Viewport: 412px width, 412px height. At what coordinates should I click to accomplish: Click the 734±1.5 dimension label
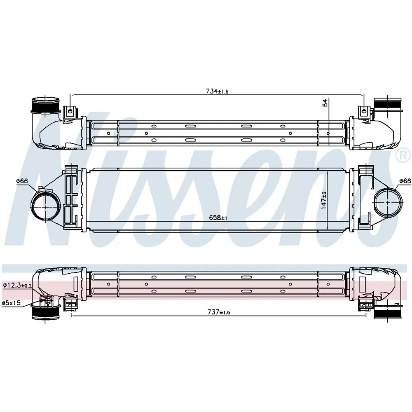coord(217,91)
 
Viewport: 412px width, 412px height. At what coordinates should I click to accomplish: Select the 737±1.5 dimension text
coord(219,312)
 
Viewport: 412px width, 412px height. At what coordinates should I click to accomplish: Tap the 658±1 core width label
coord(218,218)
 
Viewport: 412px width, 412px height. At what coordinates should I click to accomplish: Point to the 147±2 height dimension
coord(324,201)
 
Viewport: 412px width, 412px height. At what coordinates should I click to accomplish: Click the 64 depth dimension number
coord(325,103)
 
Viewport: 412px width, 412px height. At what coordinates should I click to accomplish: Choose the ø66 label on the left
coord(22,181)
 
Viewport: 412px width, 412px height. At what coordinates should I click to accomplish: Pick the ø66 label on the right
coord(405,181)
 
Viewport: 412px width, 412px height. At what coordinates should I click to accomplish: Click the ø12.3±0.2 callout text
coord(17,286)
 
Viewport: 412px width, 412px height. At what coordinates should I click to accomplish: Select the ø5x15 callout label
coord(11,303)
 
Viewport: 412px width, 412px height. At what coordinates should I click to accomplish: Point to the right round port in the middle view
coord(388,203)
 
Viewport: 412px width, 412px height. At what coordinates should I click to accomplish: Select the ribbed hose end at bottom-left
coord(45,313)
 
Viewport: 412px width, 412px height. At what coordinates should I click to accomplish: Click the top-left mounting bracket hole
coord(70,111)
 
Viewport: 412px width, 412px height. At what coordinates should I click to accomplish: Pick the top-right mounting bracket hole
coord(364,111)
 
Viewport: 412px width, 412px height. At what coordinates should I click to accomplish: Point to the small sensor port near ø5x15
coord(47,300)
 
